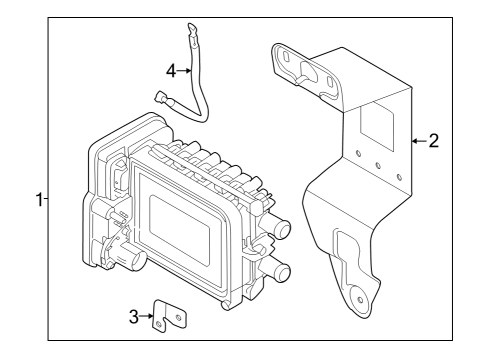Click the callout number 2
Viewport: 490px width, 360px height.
point(433,140)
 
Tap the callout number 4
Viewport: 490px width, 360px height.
point(170,71)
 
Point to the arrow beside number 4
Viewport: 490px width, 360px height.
point(183,71)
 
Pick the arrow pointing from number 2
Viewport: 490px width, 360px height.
point(418,140)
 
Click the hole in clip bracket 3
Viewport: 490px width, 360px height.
point(177,316)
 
